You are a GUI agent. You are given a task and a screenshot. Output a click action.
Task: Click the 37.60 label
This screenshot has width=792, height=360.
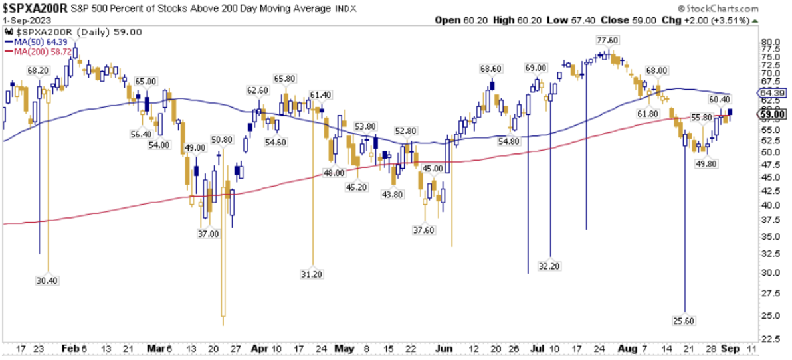pos(424,230)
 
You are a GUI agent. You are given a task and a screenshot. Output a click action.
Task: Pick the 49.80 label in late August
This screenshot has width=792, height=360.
pos(706,163)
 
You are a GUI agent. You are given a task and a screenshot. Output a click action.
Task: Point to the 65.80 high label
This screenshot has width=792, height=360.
pos(284,78)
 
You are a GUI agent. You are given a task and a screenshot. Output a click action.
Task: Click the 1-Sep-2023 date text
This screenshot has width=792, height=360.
pos(25,21)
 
